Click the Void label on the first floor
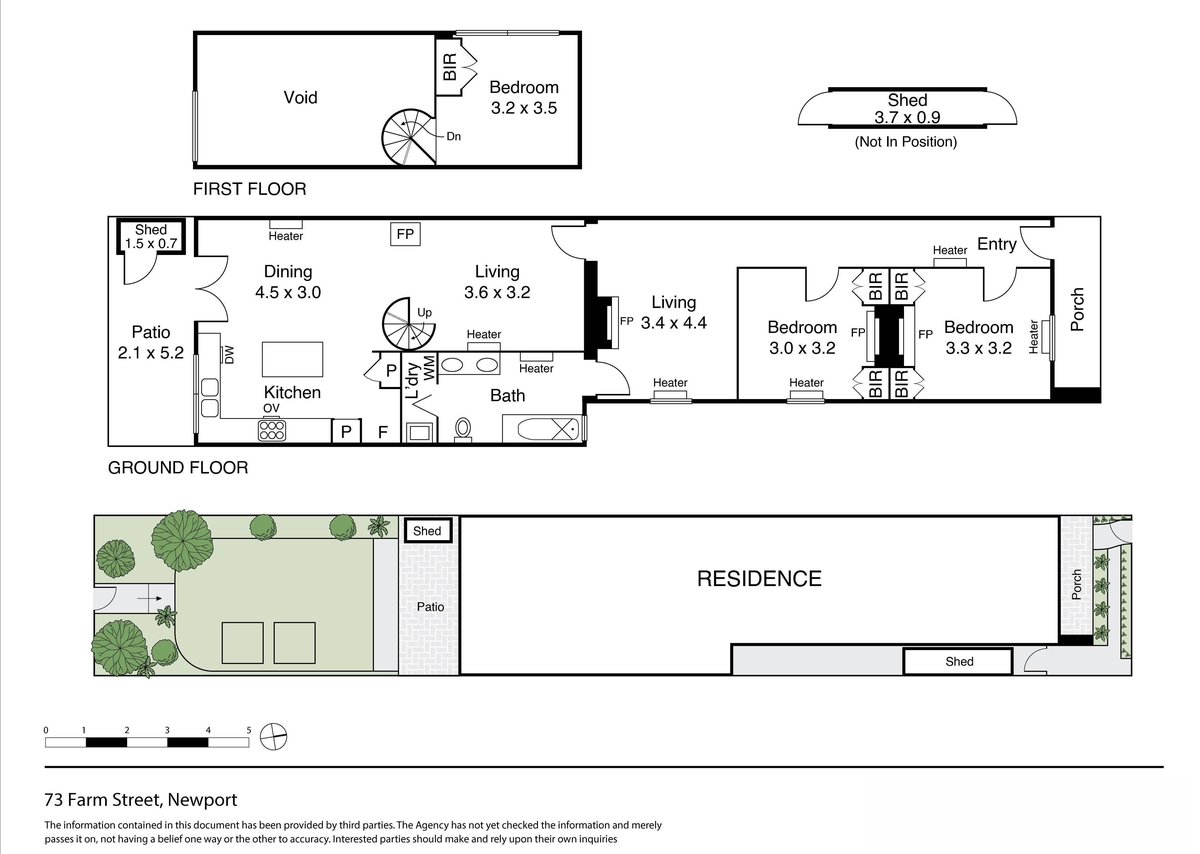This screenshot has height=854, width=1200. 300,98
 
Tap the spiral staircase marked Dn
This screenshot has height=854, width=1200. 409,137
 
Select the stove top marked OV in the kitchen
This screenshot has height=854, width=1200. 272,430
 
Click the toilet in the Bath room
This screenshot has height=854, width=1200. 463,430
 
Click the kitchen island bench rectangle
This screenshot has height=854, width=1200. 292,359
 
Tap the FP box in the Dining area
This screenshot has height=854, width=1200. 405,234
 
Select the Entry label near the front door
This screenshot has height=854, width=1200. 996,244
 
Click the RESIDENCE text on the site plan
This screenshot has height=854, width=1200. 759,579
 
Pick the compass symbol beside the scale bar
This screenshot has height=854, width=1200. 273,737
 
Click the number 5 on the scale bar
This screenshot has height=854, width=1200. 249,730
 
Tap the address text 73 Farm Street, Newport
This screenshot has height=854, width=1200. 141,800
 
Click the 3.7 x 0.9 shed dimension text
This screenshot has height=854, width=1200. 907,117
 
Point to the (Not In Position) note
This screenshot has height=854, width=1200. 905,142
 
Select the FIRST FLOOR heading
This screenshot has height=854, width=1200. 250,189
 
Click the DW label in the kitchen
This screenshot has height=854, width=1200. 229,355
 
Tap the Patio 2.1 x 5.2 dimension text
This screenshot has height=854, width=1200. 151,353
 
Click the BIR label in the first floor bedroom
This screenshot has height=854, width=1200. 450,67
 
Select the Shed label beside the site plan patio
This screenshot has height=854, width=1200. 427,531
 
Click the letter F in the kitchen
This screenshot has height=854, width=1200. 382,432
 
